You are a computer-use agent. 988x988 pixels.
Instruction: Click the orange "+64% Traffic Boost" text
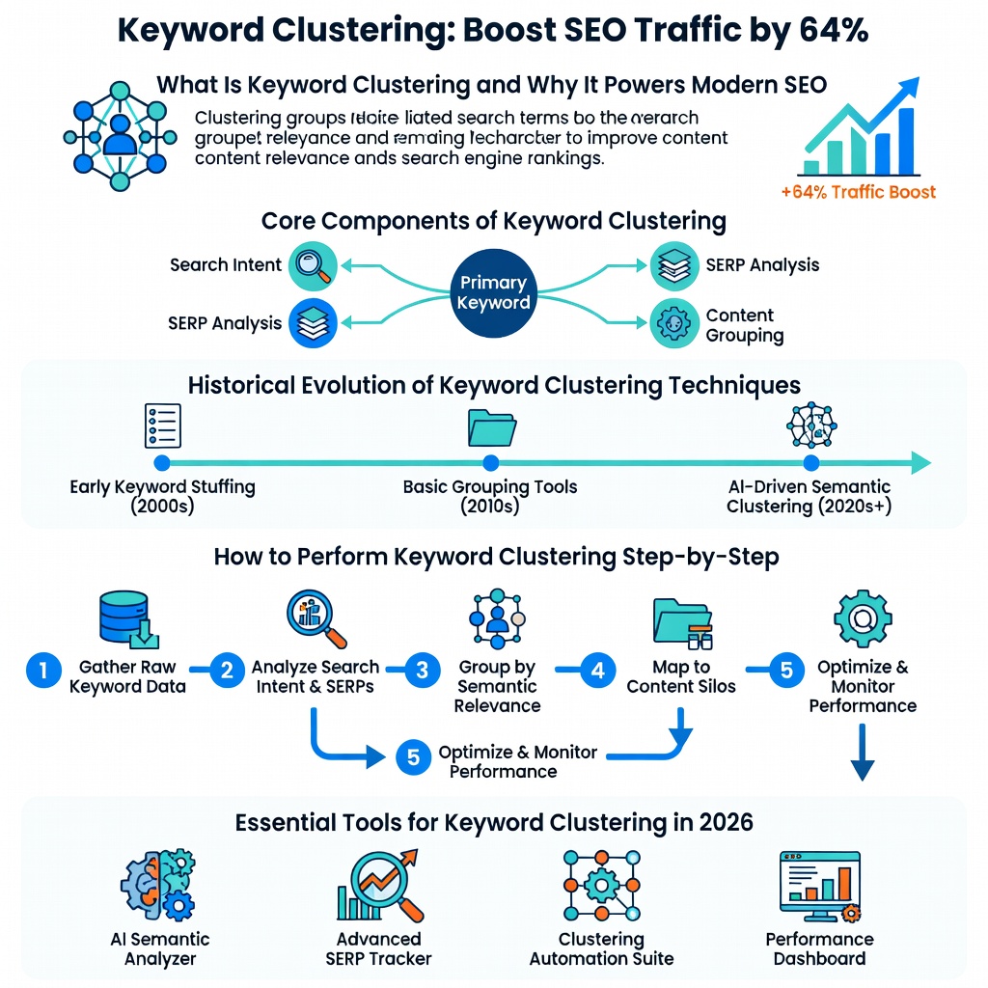858,191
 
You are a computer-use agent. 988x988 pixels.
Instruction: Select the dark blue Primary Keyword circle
493,292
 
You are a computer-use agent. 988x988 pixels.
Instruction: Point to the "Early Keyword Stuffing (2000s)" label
162,496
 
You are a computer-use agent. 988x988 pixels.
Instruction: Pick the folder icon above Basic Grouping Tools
491,425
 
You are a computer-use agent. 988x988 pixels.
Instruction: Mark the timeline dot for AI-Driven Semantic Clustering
811,463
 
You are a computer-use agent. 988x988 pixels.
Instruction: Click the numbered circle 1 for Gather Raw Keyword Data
42,670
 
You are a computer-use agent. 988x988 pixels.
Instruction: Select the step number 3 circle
421,670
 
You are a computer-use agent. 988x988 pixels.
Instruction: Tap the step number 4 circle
597,670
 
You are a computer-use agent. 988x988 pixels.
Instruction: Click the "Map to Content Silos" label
681,676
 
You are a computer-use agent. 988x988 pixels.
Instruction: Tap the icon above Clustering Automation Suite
601,885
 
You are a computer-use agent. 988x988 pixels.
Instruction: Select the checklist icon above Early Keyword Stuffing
162,425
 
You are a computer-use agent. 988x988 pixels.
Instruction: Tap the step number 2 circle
227,670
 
